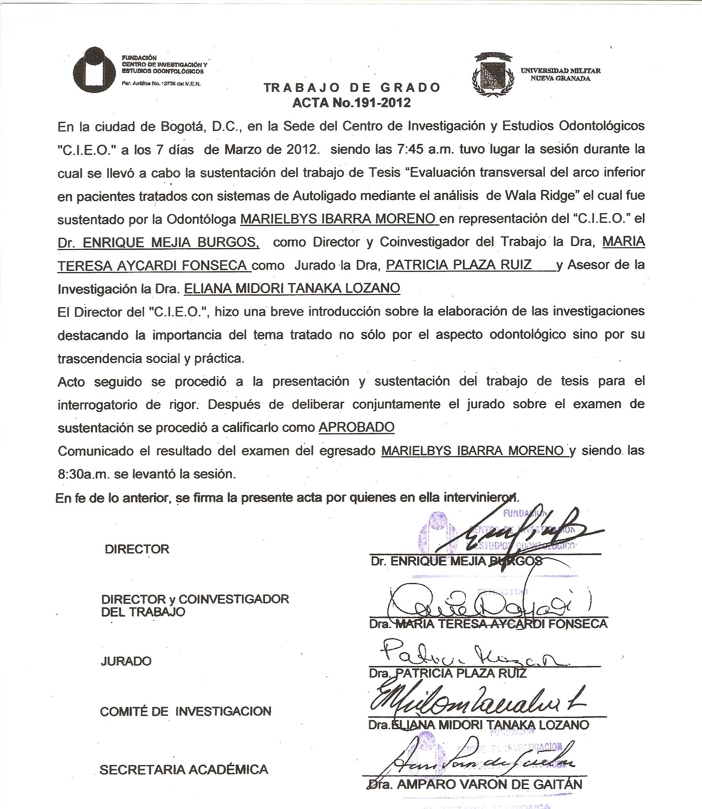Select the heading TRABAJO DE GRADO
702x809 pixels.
(352, 88)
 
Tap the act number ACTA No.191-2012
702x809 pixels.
(352, 103)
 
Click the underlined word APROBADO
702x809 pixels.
(356, 427)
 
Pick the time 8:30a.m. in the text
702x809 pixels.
(83, 474)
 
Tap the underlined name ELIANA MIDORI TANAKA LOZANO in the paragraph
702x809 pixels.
(292, 288)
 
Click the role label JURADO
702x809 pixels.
(126, 661)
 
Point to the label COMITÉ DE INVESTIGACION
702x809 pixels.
(185, 711)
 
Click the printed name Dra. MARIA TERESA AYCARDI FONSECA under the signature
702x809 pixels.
(488, 624)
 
